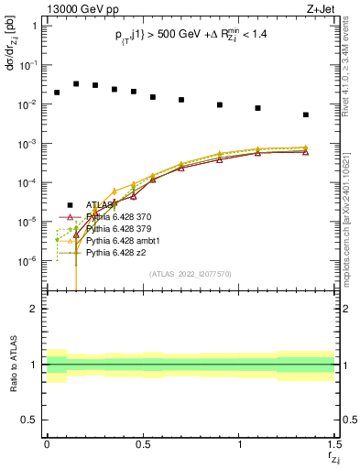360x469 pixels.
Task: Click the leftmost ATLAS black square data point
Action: click(x=57, y=93)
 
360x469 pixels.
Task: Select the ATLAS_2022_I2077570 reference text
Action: click(x=191, y=273)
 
